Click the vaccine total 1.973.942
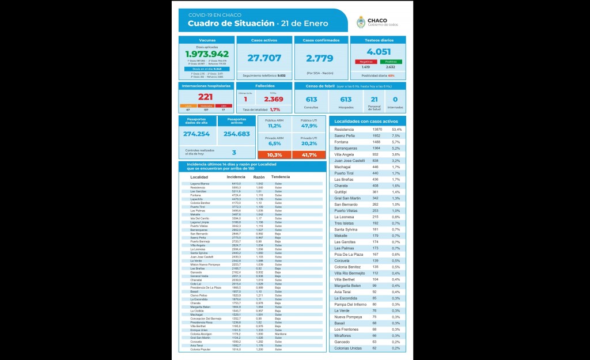pyautogui.click(x=207, y=54)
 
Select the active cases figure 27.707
pyautogui.click(x=264, y=58)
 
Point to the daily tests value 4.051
pyautogui.click(x=379, y=51)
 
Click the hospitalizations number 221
pyautogui.click(x=205, y=96)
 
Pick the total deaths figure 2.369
pyautogui.click(x=273, y=99)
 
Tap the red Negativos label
pyautogui.click(x=366, y=62)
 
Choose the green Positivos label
pyautogui.click(x=391, y=62)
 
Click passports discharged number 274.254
pyautogui.click(x=196, y=134)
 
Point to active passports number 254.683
pyautogui.click(x=236, y=134)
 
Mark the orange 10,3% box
pyautogui.click(x=274, y=155)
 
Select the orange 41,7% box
pyautogui.click(x=309, y=155)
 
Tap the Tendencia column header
pyautogui.click(x=281, y=177)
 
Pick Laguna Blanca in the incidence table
pyautogui.click(x=200, y=184)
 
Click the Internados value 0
pyautogui.click(x=395, y=100)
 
